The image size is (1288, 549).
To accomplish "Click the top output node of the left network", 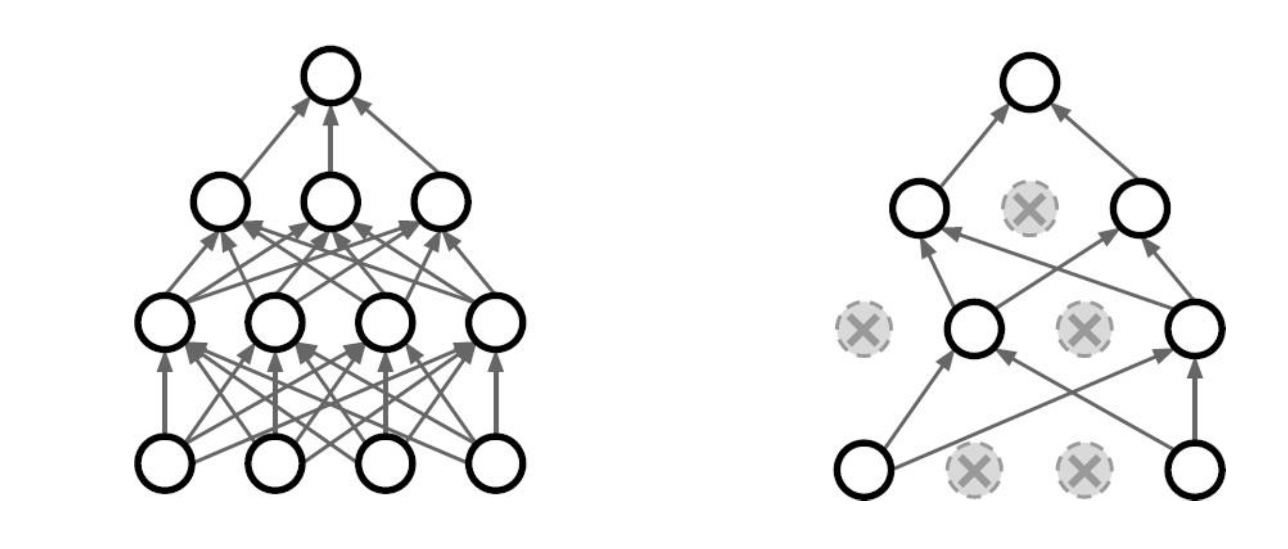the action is click(x=331, y=76).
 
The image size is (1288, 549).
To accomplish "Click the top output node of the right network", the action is click(x=1030, y=82).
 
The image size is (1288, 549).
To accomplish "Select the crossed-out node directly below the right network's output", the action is click(x=1030, y=208).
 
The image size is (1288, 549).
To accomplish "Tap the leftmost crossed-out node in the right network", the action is click(x=864, y=329).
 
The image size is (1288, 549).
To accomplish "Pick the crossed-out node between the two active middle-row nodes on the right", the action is click(x=1084, y=329).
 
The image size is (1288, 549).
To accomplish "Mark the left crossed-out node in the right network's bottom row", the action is click(x=974, y=469).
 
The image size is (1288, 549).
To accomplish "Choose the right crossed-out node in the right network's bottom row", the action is click(x=1084, y=469).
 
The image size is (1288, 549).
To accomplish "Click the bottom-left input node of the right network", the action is click(x=864, y=469).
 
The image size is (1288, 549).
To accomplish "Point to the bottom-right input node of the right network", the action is click(x=1196, y=469).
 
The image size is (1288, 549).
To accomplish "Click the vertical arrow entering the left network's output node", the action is click(x=331, y=137).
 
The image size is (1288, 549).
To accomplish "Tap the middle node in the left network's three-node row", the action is click(x=331, y=202).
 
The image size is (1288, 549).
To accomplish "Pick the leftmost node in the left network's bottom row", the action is click(x=165, y=463).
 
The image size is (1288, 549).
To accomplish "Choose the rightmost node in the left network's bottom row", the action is click(x=495, y=463).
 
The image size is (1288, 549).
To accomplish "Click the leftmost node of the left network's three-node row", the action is click(x=220, y=202).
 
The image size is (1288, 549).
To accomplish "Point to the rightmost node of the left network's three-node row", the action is click(x=440, y=202).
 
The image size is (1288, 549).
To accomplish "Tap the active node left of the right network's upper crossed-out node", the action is click(x=919, y=208).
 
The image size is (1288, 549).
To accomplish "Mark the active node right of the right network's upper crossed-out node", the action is click(x=1140, y=208).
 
